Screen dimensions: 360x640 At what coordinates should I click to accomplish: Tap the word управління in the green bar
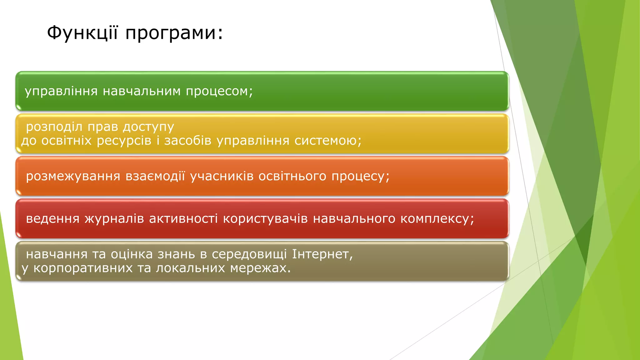[61, 92]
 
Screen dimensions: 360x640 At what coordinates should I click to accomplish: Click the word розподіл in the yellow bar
[54, 127]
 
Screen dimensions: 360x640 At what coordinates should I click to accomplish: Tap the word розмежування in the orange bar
[73, 177]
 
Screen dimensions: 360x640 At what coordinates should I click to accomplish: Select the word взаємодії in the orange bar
[155, 177]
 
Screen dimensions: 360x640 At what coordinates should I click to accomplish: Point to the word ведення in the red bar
[53, 219]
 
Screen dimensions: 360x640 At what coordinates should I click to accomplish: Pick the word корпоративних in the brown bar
[83, 268]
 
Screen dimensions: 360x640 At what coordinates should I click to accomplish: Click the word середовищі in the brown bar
[249, 255]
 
